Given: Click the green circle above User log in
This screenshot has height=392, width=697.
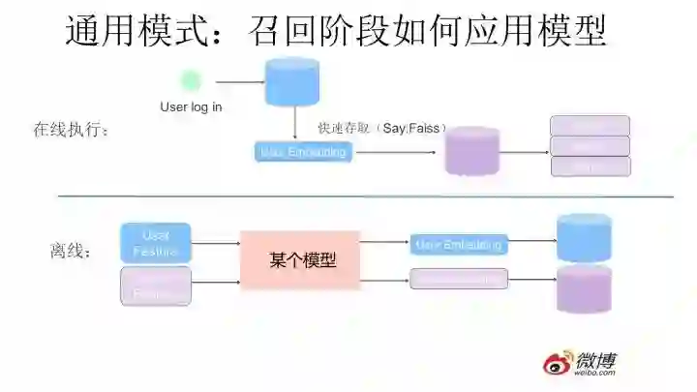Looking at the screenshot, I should (192, 81).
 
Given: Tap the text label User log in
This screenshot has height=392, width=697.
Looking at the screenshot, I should (191, 106).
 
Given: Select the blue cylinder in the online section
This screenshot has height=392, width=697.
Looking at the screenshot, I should (292, 81).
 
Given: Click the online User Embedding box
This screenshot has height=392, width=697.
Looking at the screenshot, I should (302, 152).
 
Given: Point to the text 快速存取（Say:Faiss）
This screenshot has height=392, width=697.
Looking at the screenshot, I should (377, 128).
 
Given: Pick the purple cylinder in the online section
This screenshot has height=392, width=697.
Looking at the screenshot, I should (472, 151).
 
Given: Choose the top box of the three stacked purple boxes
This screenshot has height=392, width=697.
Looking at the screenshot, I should (590, 126).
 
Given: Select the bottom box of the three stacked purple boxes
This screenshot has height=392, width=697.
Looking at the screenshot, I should (590, 166).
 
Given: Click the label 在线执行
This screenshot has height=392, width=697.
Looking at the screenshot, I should (72, 130).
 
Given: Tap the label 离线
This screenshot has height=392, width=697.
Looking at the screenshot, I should (71, 252).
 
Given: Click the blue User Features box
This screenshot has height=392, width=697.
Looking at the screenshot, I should (156, 243).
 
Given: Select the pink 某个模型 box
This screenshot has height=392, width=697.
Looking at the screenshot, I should (301, 260).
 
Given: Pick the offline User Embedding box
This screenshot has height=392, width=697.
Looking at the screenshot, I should (458, 245).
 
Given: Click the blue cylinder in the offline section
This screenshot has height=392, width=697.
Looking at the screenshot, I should (584, 238).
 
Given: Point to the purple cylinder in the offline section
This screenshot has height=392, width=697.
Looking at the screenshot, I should (584, 288).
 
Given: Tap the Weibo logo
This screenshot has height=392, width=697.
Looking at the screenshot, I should (579, 362).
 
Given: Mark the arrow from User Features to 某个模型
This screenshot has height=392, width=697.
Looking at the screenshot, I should (216, 244).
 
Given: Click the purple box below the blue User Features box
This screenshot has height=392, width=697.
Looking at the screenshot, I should (156, 286).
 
